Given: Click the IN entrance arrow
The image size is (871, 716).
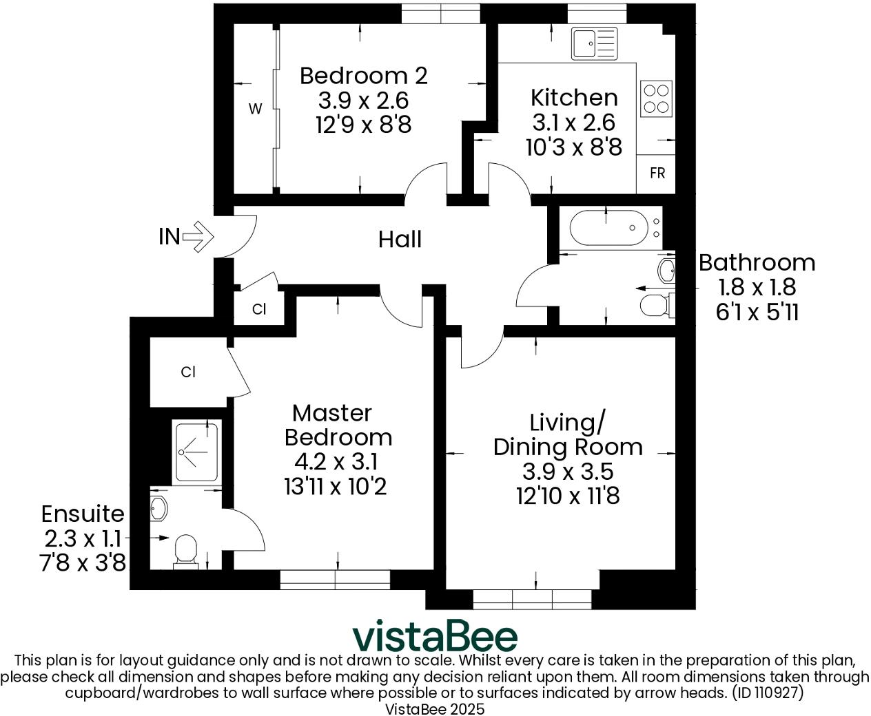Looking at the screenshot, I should pyautogui.click(x=200, y=237).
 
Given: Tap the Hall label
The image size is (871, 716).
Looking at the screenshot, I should pyautogui.click(x=400, y=240).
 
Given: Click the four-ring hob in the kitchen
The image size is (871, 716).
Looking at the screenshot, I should pyautogui.click(x=656, y=98).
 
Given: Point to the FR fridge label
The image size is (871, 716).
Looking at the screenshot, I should pyautogui.click(x=657, y=173).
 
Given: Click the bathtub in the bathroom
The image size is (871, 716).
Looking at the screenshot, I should pyautogui.click(x=609, y=229).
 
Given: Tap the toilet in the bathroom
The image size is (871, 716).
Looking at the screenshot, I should pyautogui.click(x=656, y=304).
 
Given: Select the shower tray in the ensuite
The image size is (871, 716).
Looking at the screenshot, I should pyautogui.click(x=197, y=452).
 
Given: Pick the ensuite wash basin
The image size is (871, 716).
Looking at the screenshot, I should pyautogui.click(x=159, y=509).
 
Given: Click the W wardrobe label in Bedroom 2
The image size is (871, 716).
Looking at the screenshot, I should pyautogui.click(x=255, y=109).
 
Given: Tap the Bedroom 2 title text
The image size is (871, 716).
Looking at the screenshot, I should pyautogui.click(x=363, y=75).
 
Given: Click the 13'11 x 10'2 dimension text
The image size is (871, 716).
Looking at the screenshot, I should pyautogui.click(x=335, y=487).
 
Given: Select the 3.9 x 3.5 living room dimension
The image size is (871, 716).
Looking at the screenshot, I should pyautogui.click(x=567, y=472).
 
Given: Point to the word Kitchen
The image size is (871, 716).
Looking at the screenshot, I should pyautogui.click(x=573, y=97).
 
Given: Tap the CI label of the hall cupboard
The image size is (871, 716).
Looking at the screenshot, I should pyautogui.click(x=259, y=310).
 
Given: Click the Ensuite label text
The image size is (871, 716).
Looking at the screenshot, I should pyautogui.click(x=83, y=514).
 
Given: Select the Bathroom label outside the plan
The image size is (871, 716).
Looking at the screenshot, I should pyautogui.click(x=757, y=262).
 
